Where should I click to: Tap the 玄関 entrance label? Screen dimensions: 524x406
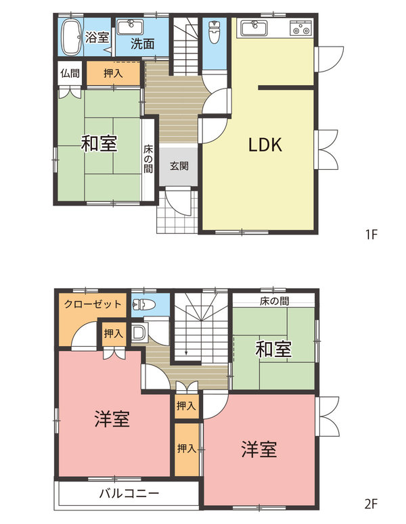click(179, 166)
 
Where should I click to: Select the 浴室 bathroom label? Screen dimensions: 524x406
click(97, 38)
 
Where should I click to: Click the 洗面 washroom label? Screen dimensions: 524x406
click(142, 44)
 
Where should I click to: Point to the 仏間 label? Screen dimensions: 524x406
click(70, 73)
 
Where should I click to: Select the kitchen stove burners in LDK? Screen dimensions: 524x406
click(300, 29)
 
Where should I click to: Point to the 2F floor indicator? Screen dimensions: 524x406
click(370, 503)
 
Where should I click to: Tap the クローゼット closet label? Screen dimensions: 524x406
click(93, 304)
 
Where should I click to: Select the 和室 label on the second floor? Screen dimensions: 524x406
click(273, 350)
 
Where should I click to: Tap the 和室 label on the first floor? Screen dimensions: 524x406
click(99, 143)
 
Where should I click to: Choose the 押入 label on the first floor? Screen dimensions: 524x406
click(114, 73)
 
